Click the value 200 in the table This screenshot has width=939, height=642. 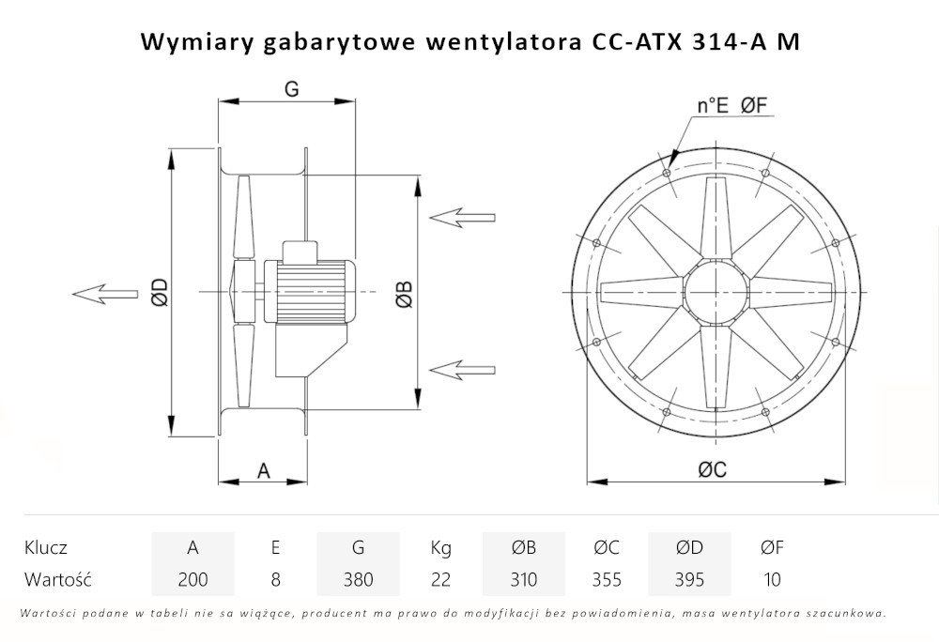coord(192,579)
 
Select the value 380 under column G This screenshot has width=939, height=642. coord(358,579)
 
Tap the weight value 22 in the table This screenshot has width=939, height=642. coord(440,579)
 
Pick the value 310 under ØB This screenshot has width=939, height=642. coord(523,579)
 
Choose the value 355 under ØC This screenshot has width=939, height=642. coord(607,579)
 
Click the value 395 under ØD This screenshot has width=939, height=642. coord(689,579)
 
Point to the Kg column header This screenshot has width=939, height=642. coord(440,547)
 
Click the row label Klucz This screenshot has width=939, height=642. coord(46,547)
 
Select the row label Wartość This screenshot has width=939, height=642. coord(56,579)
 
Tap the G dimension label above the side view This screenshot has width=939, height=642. coord(291,89)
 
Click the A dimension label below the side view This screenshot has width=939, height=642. coord(264,470)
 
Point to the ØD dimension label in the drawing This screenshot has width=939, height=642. coord(159,293)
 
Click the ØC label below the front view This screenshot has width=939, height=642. coord(712,471)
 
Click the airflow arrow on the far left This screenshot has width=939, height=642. coord(103,294)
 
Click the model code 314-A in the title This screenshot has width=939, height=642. coord(719,41)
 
